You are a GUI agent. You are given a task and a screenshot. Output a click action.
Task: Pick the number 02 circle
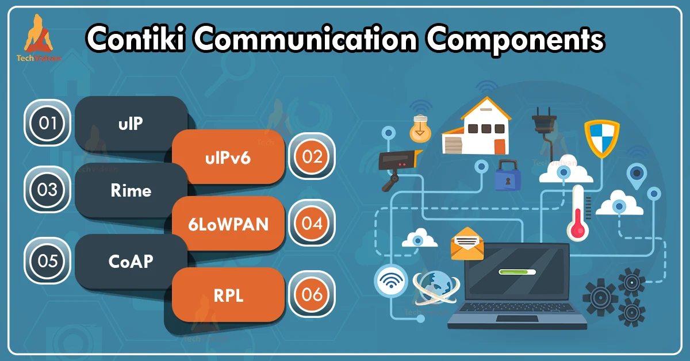pos(312,157)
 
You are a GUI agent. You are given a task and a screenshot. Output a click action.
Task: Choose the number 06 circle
pos(312,294)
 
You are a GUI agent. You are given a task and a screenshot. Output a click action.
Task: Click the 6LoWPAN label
pos(228,225)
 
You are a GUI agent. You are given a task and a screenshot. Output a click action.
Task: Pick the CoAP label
pos(131,262)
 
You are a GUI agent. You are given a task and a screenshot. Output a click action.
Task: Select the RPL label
pos(228,295)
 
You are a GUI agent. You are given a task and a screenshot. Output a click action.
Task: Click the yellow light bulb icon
pos(420,129)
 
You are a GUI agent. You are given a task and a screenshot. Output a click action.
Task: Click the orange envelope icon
pos(467,244)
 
